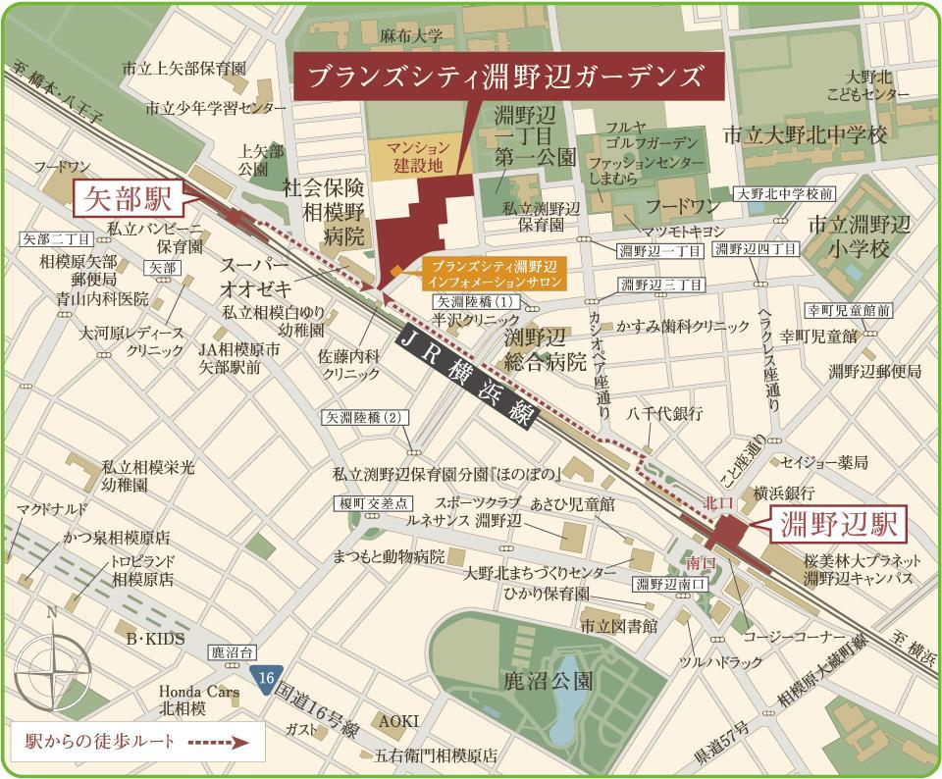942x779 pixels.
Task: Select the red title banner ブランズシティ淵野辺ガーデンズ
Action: coord(507,78)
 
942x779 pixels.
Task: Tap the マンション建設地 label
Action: coord(416,157)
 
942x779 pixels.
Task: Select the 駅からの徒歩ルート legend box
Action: coord(136,743)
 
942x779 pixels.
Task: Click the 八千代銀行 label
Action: coord(664,414)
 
